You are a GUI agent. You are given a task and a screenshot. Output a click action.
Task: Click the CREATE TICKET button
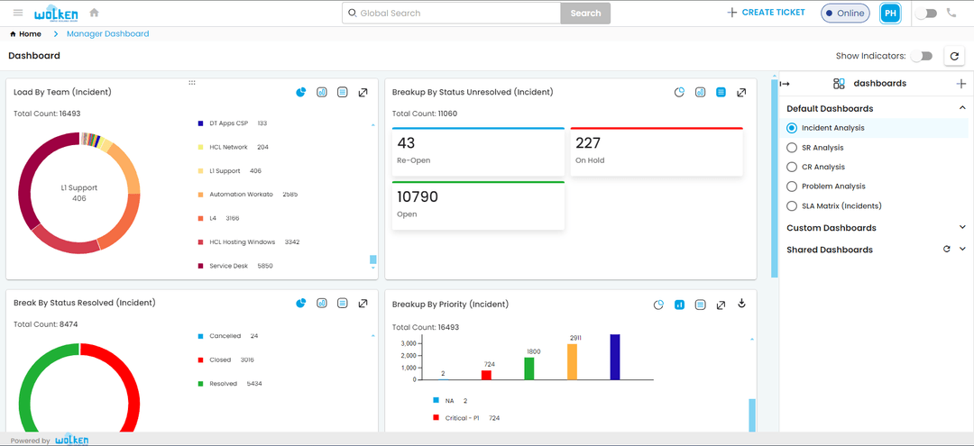[x=766, y=13]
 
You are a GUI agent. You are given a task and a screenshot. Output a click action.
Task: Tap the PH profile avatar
[x=890, y=14]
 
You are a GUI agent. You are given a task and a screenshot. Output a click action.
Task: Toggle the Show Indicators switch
[x=920, y=56]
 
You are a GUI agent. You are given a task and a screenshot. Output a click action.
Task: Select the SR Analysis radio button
[x=792, y=148]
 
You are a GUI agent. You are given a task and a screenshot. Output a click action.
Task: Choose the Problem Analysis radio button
[x=792, y=187]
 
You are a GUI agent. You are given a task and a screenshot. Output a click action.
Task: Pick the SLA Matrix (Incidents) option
[x=792, y=206]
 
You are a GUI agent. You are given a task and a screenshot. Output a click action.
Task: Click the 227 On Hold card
[x=657, y=151]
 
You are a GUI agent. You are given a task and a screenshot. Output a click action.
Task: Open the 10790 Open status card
[x=478, y=205]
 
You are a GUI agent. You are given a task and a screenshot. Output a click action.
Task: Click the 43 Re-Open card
[x=478, y=151]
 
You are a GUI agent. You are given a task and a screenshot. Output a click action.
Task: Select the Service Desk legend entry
[x=228, y=266]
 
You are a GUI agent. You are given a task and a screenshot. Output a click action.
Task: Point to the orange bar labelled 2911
[x=572, y=361]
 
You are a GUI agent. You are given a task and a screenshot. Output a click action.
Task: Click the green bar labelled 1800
[x=529, y=368]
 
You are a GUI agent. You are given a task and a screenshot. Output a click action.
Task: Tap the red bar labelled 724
[x=486, y=375]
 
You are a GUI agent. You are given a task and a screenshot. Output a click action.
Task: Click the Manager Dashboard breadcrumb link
[x=107, y=34]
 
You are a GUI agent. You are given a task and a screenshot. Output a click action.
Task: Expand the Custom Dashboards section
[x=962, y=228]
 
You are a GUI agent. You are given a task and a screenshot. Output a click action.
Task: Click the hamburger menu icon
[x=18, y=13]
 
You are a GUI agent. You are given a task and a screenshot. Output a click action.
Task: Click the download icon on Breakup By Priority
[x=741, y=304]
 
